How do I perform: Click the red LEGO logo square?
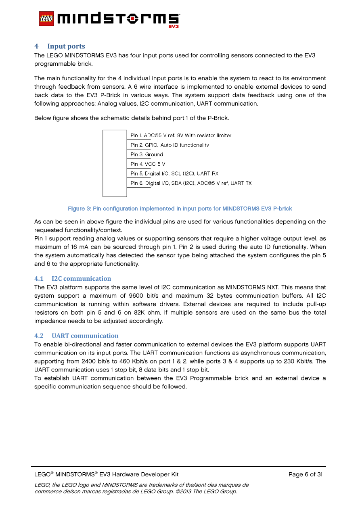coord(46,19)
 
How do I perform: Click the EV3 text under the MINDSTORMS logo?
coord(173,27)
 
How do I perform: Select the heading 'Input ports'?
coord(66,46)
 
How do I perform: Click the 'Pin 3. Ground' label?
coord(147,154)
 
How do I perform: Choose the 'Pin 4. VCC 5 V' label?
coord(148,164)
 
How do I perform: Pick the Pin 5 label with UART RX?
coord(174,174)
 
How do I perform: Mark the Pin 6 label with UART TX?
coord(191,184)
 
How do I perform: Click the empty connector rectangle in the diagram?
coord(115,163)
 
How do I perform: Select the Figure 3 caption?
coord(180,209)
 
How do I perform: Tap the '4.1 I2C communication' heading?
coord(73,278)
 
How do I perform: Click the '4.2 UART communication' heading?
coord(76,336)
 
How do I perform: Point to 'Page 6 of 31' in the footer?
coord(306,474)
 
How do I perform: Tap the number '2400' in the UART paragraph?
coord(89,361)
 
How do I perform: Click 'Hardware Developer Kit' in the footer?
coord(145,474)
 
